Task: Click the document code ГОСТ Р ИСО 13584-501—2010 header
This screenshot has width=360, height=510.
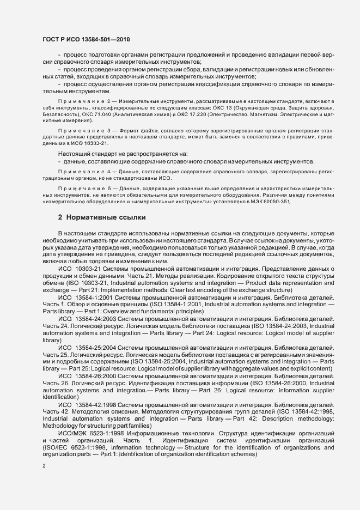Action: tap(86, 40)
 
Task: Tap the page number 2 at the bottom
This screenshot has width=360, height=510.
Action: tap(44, 466)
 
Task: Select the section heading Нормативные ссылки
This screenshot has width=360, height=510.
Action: tap(102, 217)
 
